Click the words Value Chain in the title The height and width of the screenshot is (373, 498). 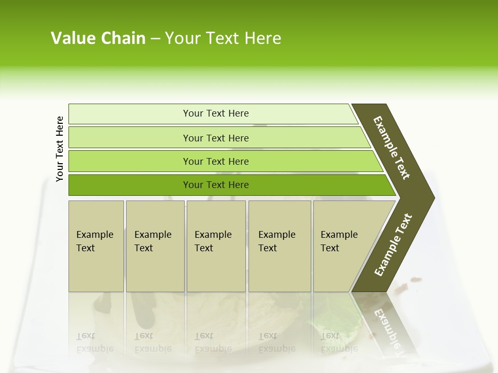[98, 38]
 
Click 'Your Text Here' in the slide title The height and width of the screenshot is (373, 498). [223, 38]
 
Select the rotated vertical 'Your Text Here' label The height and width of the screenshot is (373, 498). [60, 149]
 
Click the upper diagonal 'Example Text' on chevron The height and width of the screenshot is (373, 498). [392, 148]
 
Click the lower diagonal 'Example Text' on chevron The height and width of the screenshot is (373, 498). [393, 245]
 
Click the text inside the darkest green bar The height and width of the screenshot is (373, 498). [216, 185]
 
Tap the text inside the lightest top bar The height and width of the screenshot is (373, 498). [216, 113]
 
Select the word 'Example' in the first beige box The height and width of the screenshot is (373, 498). [94, 235]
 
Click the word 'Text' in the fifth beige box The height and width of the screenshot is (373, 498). [330, 248]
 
